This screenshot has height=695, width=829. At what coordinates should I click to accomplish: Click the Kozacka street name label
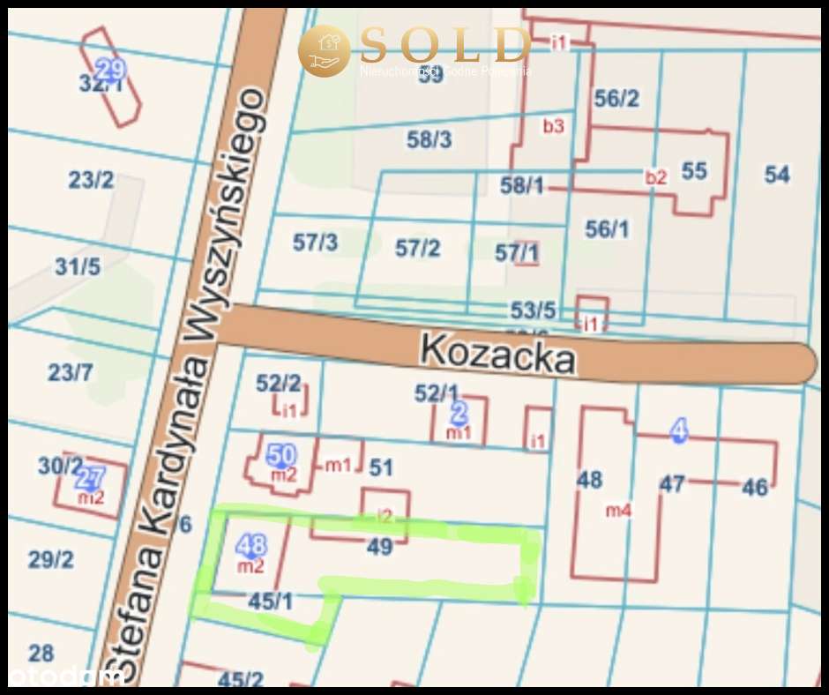[497, 354]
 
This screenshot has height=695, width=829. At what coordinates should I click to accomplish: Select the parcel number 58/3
[429, 139]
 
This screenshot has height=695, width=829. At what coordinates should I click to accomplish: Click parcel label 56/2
[616, 99]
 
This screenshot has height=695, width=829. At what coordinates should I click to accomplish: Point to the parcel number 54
[777, 175]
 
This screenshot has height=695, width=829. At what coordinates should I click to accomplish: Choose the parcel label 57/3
[315, 243]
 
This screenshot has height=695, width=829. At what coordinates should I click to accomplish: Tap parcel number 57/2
[417, 248]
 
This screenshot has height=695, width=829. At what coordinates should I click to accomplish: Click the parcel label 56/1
[608, 229]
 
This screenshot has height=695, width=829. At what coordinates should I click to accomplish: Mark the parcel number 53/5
[534, 310]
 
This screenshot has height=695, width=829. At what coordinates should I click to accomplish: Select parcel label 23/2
[91, 180]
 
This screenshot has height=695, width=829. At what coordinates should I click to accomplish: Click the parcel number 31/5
[78, 266]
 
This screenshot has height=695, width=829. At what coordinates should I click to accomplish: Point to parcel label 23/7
[70, 372]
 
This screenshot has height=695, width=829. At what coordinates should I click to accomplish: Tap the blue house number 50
[280, 455]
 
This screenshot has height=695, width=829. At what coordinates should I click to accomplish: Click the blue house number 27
[90, 479]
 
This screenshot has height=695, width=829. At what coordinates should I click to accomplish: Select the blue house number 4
[678, 430]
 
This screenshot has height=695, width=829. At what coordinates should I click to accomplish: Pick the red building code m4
[618, 510]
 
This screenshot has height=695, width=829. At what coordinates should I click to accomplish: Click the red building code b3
[553, 126]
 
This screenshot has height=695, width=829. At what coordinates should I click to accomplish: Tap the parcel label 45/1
[271, 602]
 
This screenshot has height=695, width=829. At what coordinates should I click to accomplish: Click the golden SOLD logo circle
[324, 50]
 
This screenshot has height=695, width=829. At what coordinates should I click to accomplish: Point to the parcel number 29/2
[51, 559]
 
